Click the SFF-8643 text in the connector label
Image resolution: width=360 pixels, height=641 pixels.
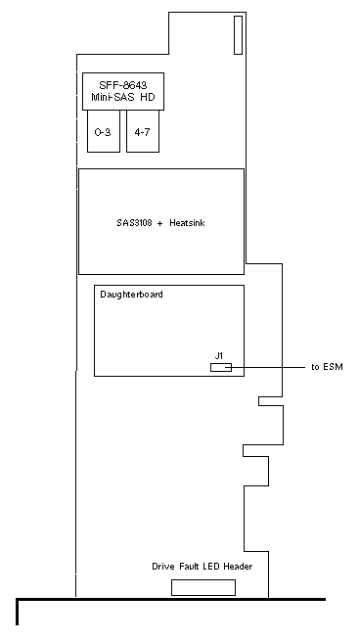pyautogui.click(x=123, y=85)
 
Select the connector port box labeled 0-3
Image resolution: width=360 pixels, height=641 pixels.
pyautogui.click(x=104, y=131)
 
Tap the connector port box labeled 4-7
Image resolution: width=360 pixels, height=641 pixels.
pyautogui.click(x=143, y=131)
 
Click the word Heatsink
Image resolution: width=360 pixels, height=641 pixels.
pyautogui.click(x=187, y=223)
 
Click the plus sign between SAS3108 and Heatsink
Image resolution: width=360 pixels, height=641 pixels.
pyautogui.click(x=161, y=223)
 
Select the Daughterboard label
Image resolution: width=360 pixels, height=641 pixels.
pyautogui.click(x=131, y=295)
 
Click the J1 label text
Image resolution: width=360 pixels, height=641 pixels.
pyautogui.click(x=219, y=356)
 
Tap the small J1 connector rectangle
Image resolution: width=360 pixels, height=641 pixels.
pyautogui.click(x=221, y=368)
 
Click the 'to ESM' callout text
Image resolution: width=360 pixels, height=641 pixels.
pyautogui.click(x=327, y=367)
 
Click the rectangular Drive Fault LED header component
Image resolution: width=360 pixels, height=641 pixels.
pyautogui.click(x=203, y=587)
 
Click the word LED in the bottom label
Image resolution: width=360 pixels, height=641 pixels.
pyautogui.click(x=210, y=567)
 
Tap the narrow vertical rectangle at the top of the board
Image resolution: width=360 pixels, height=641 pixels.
pyautogui.click(x=238, y=35)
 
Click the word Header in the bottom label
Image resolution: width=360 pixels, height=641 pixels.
pyautogui.click(x=238, y=567)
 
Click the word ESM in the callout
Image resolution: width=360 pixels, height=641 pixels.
pyautogui.click(x=333, y=367)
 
